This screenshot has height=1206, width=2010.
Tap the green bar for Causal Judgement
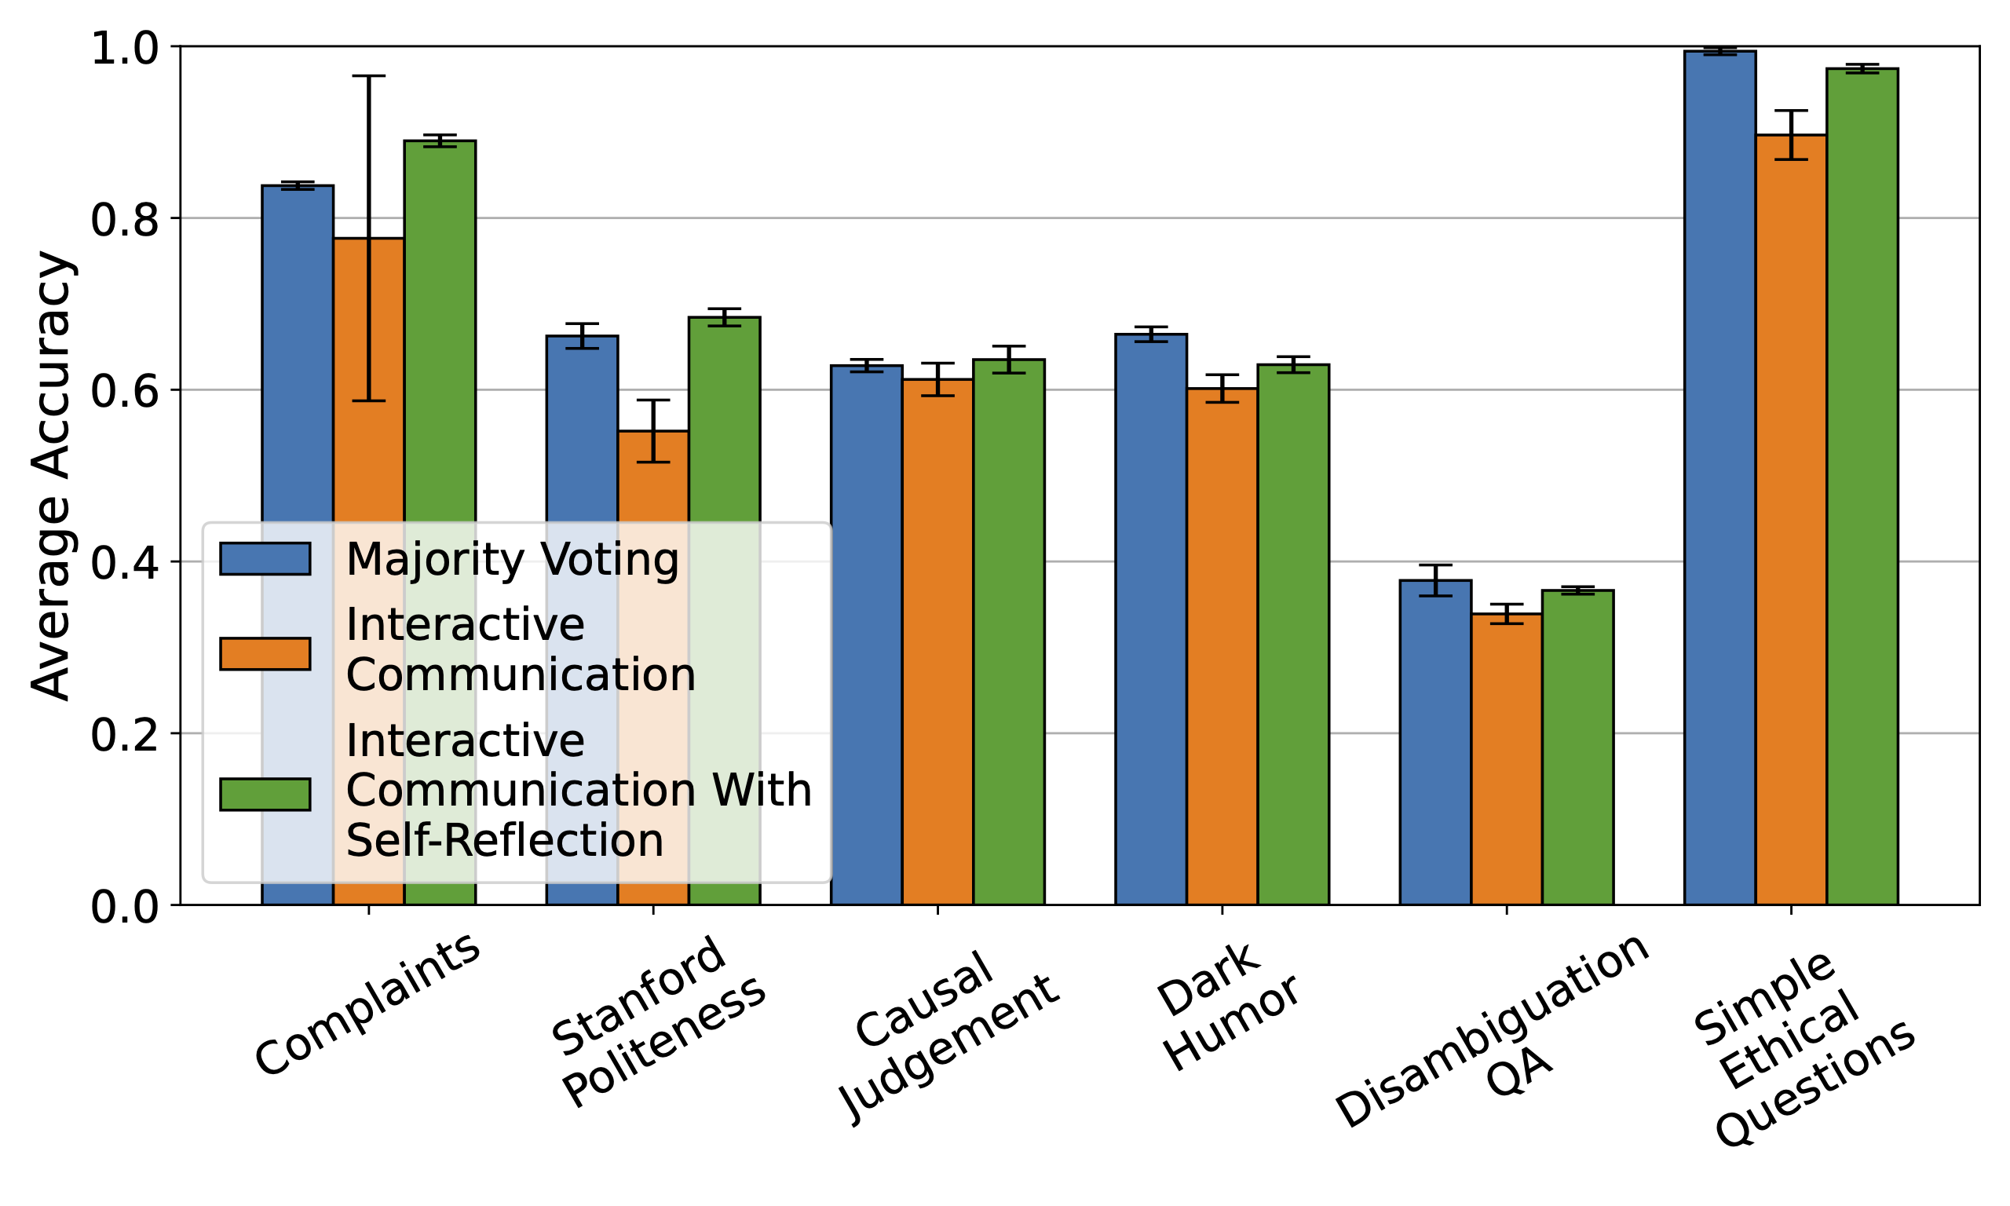click(x=1008, y=634)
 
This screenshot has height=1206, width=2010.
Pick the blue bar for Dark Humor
click(x=1150, y=618)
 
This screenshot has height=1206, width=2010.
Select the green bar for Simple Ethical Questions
click(x=1862, y=488)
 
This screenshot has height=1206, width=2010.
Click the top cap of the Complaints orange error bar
click(x=368, y=76)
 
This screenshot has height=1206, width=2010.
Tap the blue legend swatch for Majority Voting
click(x=265, y=559)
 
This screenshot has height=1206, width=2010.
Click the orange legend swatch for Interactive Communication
click(x=265, y=653)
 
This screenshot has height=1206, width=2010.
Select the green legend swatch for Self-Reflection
click(x=265, y=794)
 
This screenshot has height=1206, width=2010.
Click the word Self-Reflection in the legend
click(x=505, y=841)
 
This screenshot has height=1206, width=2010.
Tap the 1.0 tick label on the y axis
click(x=123, y=49)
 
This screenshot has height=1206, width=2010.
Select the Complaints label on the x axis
click(x=367, y=1004)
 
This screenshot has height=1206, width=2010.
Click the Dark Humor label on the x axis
click(x=1226, y=1007)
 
